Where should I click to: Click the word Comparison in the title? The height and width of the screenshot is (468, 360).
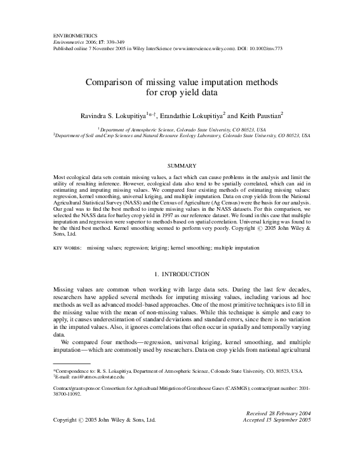[112, 83]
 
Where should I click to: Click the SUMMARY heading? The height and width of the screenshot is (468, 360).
[180, 165]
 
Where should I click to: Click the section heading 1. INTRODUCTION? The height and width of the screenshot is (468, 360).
[180, 274]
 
